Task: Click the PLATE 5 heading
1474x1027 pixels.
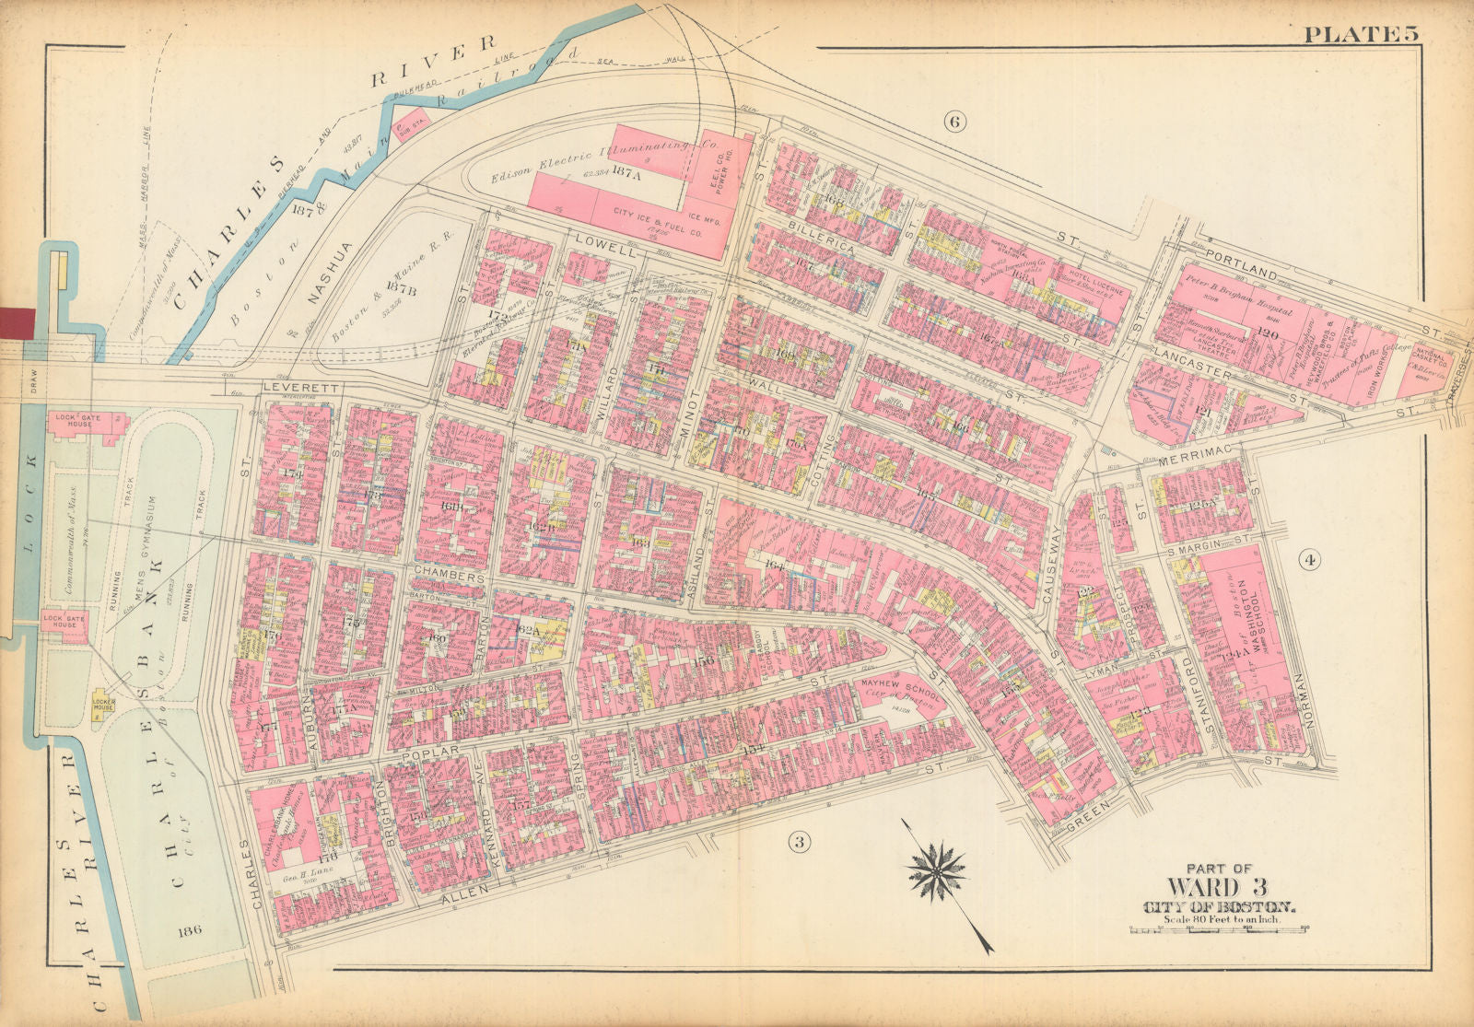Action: [1360, 34]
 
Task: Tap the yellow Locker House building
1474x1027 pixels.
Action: [101, 706]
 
